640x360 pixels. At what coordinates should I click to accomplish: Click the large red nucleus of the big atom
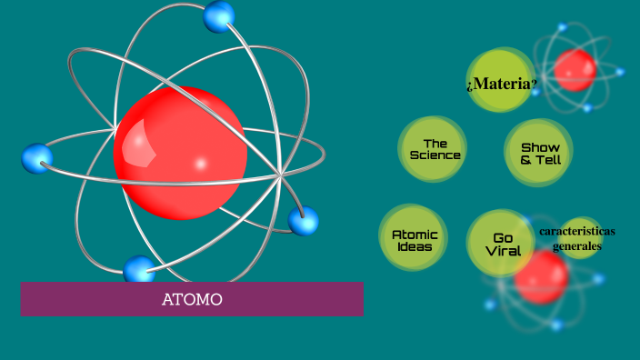coord(180,153)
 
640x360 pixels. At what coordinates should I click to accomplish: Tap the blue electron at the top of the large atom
coord(219,15)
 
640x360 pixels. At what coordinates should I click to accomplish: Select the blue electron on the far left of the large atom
coord(37,158)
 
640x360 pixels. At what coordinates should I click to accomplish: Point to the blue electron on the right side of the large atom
coord(303,220)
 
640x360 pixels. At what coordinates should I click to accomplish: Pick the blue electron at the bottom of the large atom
coord(139,269)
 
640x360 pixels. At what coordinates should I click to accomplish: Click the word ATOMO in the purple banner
coord(192,299)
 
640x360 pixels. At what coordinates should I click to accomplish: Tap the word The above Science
coord(435,143)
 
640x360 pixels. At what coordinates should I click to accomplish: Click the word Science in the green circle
coord(435,155)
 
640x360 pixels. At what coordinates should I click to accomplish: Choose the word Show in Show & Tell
coord(540,147)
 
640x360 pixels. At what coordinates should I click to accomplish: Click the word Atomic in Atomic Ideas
coord(415,235)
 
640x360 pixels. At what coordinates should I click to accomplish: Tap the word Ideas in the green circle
coord(415,246)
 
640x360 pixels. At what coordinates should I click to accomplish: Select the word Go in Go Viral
coord(503,238)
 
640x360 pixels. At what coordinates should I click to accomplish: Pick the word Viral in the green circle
coord(503,251)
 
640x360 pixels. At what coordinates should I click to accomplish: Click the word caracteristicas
coord(576,231)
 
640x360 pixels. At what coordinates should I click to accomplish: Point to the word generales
coord(577,245)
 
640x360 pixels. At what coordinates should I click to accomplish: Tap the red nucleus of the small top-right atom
coord(575,69)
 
